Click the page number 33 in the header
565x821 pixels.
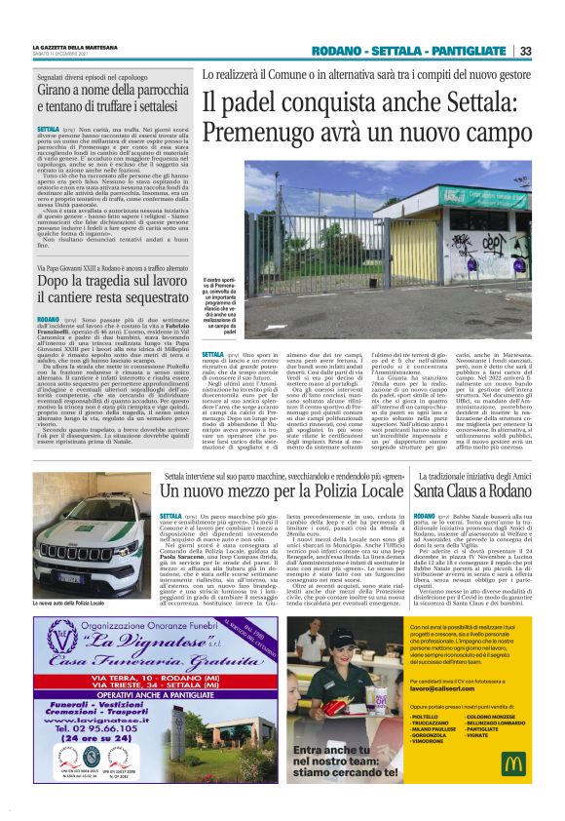525,51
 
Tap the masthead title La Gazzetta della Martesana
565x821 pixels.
75,46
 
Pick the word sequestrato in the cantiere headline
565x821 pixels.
142,294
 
